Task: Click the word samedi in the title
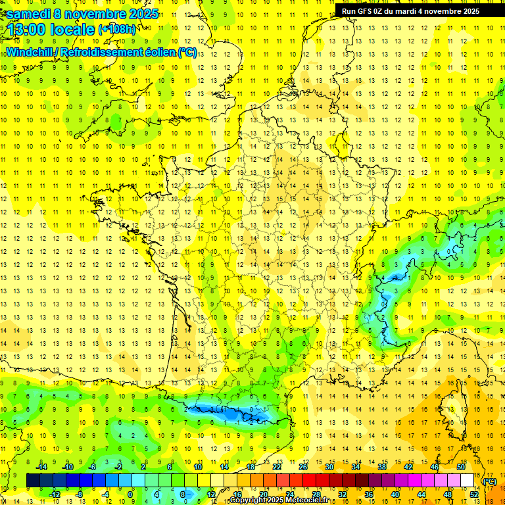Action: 30,14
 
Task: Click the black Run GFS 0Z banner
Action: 410,11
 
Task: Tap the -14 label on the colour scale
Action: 42,467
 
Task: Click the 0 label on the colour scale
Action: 130,494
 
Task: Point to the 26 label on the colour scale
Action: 303,467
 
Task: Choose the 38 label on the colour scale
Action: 381,467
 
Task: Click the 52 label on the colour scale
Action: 474,494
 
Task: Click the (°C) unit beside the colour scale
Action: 489,481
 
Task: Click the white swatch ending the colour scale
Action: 468,481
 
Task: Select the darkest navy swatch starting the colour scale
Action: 33,481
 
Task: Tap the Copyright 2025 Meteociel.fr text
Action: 279,500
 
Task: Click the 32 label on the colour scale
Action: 343,494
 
